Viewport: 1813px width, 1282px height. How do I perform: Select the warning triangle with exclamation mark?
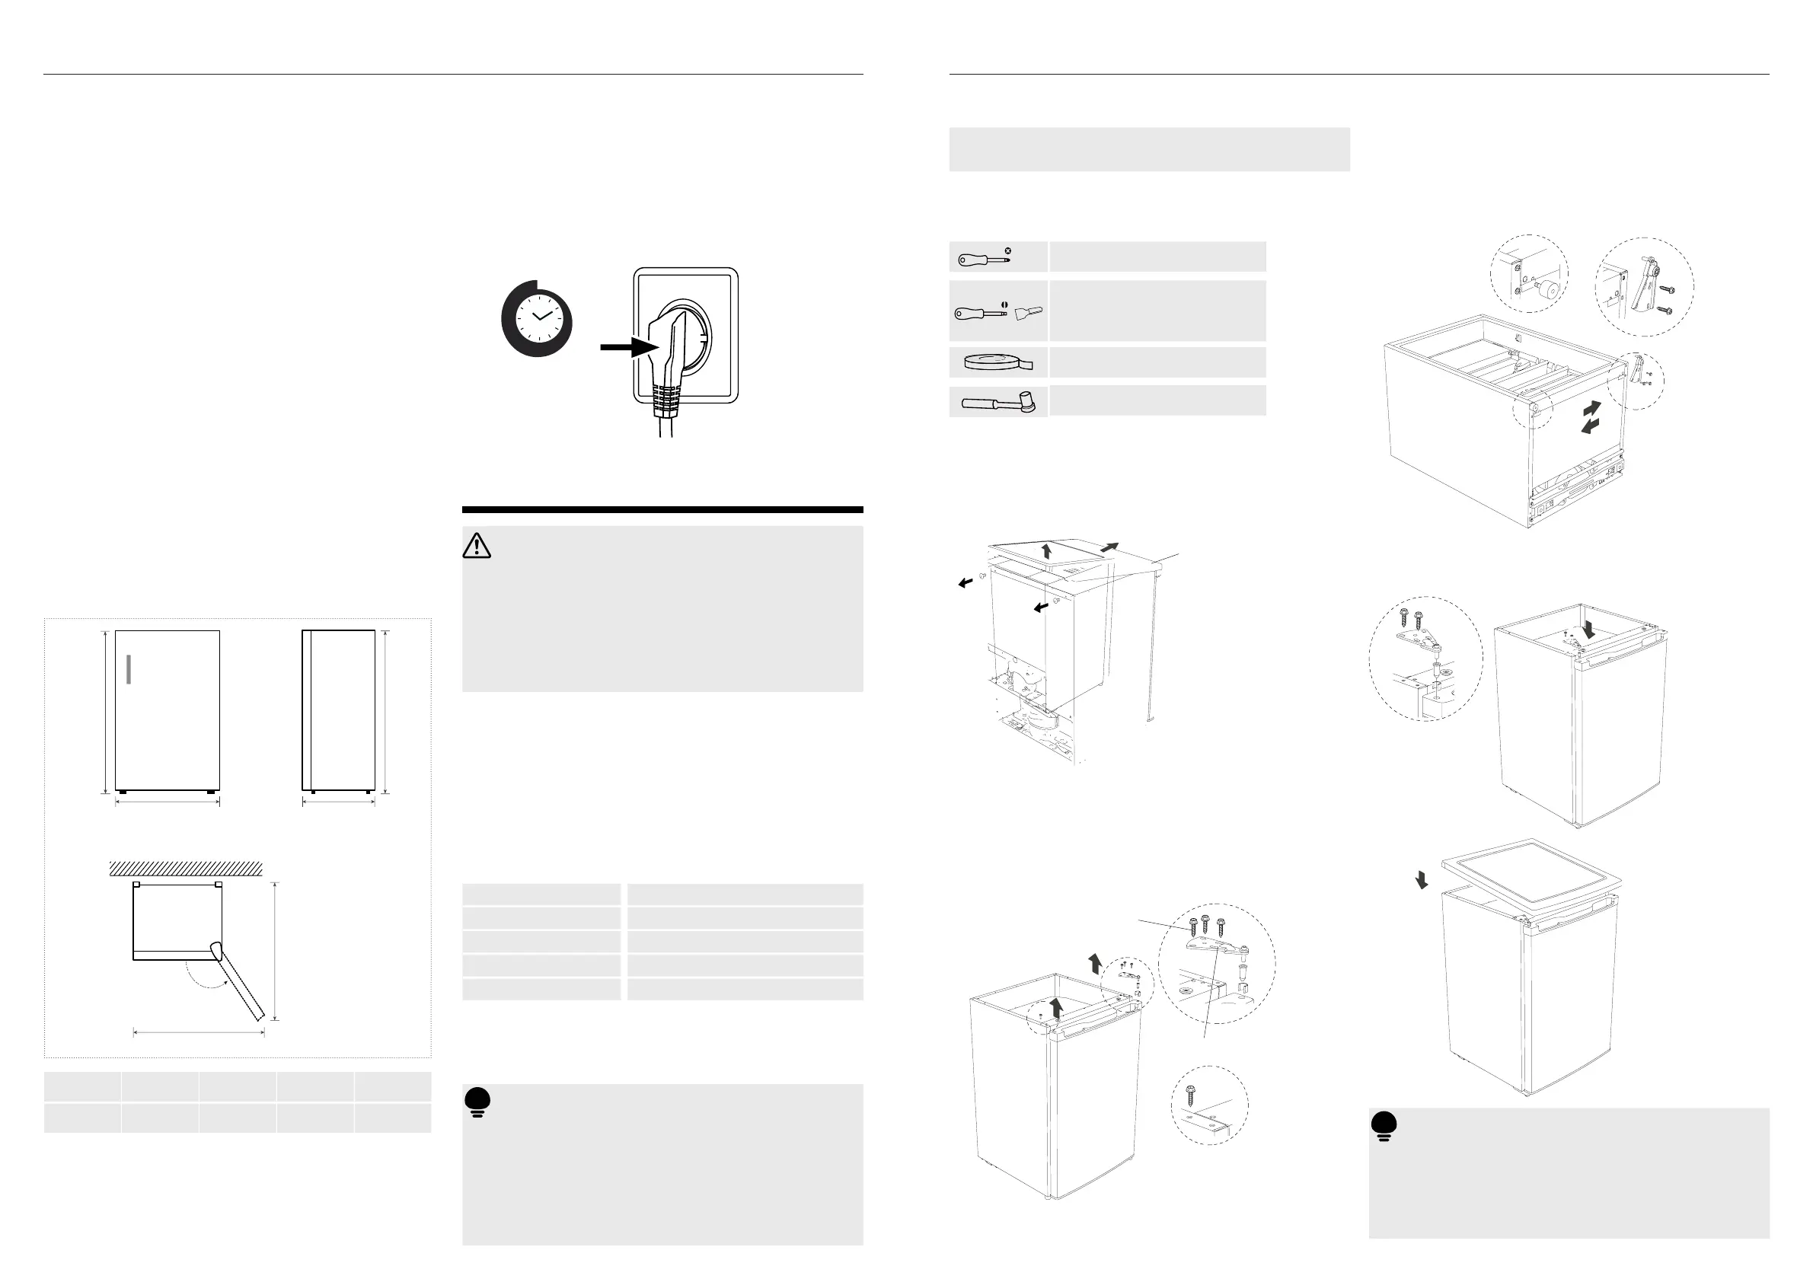[x=476, y=547]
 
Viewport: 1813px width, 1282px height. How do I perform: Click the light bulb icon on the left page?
[x=477, y=1102]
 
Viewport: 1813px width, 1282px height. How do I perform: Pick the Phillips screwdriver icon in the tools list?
[x=984, y=258]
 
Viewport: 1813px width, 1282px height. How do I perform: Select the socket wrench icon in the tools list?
[x=998, y=403]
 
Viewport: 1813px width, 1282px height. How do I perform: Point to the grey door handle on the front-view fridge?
[x=128, y=668]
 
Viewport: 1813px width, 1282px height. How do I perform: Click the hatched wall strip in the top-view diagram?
[x=186, y=869]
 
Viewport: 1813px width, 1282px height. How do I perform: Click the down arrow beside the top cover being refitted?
[x=1422, y=879]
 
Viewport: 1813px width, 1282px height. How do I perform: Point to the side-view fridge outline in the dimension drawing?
[x=338, y=710]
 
